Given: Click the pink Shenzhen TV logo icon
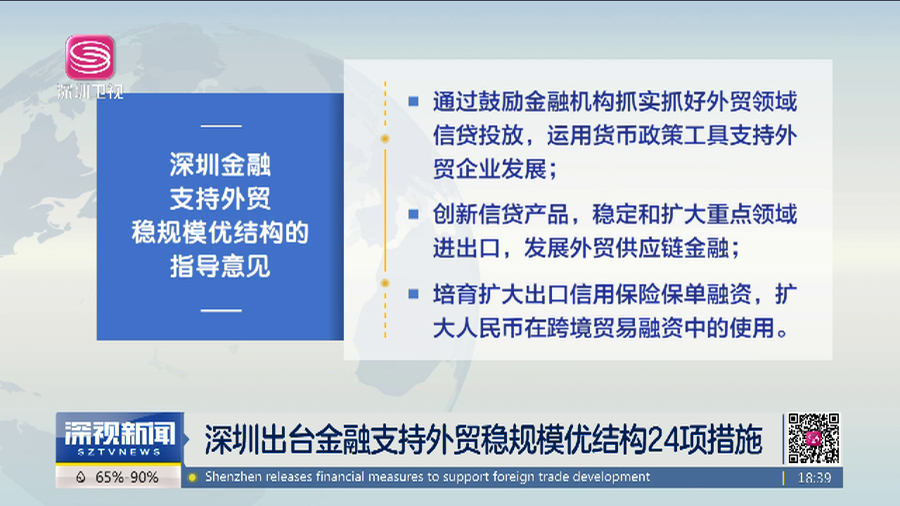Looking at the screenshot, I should click(x=90, y=57).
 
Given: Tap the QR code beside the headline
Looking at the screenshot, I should click(x=813, y=438).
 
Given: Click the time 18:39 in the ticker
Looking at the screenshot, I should click(x=815, y=478).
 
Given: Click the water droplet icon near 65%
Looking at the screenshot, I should click(x=81, y=478).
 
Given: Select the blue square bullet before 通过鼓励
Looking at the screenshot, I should click(x=413, y=102).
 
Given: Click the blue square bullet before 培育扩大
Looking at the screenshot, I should click(x=413, y=292).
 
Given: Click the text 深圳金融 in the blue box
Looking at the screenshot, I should click(x=220, y=166).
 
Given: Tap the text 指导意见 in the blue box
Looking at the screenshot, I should click(x=220, y=266).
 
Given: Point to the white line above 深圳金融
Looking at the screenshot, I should click(x=221, y=126).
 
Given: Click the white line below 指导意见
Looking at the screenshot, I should click(x=221, y=309).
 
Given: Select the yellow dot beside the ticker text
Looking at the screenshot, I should click(x=192, y=478).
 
